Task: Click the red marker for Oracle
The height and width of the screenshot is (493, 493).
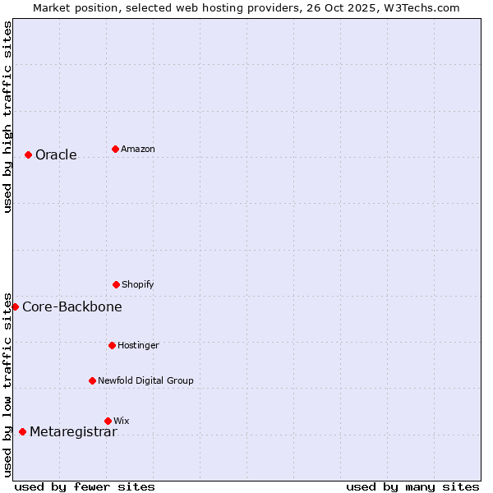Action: click(x=28, y=154)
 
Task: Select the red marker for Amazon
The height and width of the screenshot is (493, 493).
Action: click(x=115, y=149)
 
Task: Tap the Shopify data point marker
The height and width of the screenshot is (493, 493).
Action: click(x=116, y=284)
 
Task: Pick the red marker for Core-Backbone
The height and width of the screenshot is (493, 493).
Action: click(x=15, y=306)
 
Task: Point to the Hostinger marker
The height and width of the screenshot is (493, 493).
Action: click(x=112, y=345)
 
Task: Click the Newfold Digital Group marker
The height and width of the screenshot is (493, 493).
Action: click(x=92, y=380)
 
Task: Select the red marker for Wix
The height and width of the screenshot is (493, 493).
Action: click(x=108, y=421)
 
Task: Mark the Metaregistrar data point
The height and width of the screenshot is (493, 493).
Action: click(x=22, y=431)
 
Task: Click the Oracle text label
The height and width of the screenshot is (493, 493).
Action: click(x=56, y=155)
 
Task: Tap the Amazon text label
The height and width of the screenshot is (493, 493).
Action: click(x=138, y=150)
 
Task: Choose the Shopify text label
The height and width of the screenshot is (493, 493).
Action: click(x=138, y=285)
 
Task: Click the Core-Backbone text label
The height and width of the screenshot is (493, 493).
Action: click(x=72, y=307)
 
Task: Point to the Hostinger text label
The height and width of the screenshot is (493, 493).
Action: click(x=138, y=346)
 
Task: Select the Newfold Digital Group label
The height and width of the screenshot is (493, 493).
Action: click(x=145, y=381)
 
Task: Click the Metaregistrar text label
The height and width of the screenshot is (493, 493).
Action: click(x=73, y=432)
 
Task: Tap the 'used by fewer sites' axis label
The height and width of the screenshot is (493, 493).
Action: click(x=85, y=486)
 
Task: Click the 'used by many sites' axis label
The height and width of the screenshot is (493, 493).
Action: click(x=412, y=486)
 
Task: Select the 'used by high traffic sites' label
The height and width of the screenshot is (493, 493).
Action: click(x=7, y=117)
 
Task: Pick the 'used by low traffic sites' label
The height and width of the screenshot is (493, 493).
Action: click(x=7, y=385)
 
